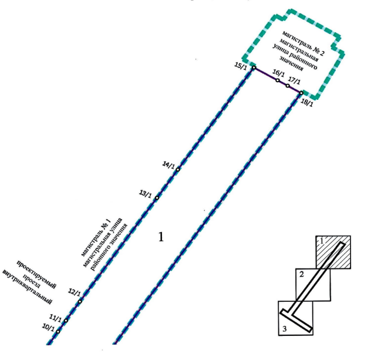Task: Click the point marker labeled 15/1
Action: [x=254, y=68]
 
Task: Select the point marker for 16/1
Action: [x=278, y=80]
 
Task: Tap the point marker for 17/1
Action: [x=288, y=86]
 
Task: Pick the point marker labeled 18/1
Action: [x=301, y=93]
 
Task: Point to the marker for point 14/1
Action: [x=178, y=170]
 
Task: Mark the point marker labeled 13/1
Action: [x=157, y=198]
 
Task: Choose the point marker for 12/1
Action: [x=80, y=301]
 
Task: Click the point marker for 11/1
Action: [x=66, y=320]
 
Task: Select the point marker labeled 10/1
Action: [x=58, y=332]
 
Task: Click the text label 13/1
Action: [x=145, y=194]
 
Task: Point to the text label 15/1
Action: [x=241, y=66]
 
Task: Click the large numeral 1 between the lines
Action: [x=161, y=237]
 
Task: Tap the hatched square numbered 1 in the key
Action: [x=333, y=253]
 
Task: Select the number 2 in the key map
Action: [x=301, y=274]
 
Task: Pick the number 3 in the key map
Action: [x=284, y=329]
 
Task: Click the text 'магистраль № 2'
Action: [x=303, y=43]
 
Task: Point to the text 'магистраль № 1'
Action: [x=96, y=238]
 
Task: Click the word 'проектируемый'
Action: [x=36, y=274]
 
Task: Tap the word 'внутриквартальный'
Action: [x=27, y=287]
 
